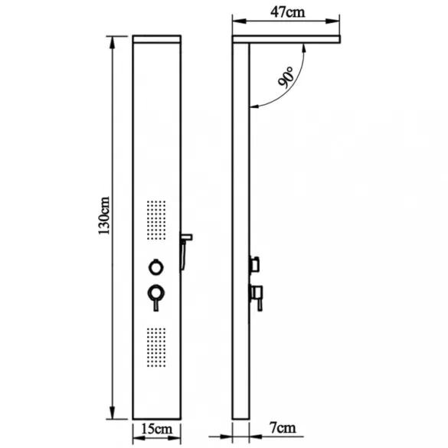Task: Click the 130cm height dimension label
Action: pyautogui.click(x=104, y=215)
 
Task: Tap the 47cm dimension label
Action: pyautogui.click(x=287, y=12)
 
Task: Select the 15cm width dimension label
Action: pyautogui.click(x=157, y=429)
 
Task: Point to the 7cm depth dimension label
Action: pyautogui.click(x=283, y=428)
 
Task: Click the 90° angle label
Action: pyautogui.click(x=286, y=77)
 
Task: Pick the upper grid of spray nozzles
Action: pyautogui.click(x=156, y=220)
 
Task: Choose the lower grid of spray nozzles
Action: pyautogui.click(x=156, y=347)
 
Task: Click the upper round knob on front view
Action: pyautogui.click(x=156, y=267)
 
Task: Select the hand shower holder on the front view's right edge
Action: pyautogui.click(x=185, y=250)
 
